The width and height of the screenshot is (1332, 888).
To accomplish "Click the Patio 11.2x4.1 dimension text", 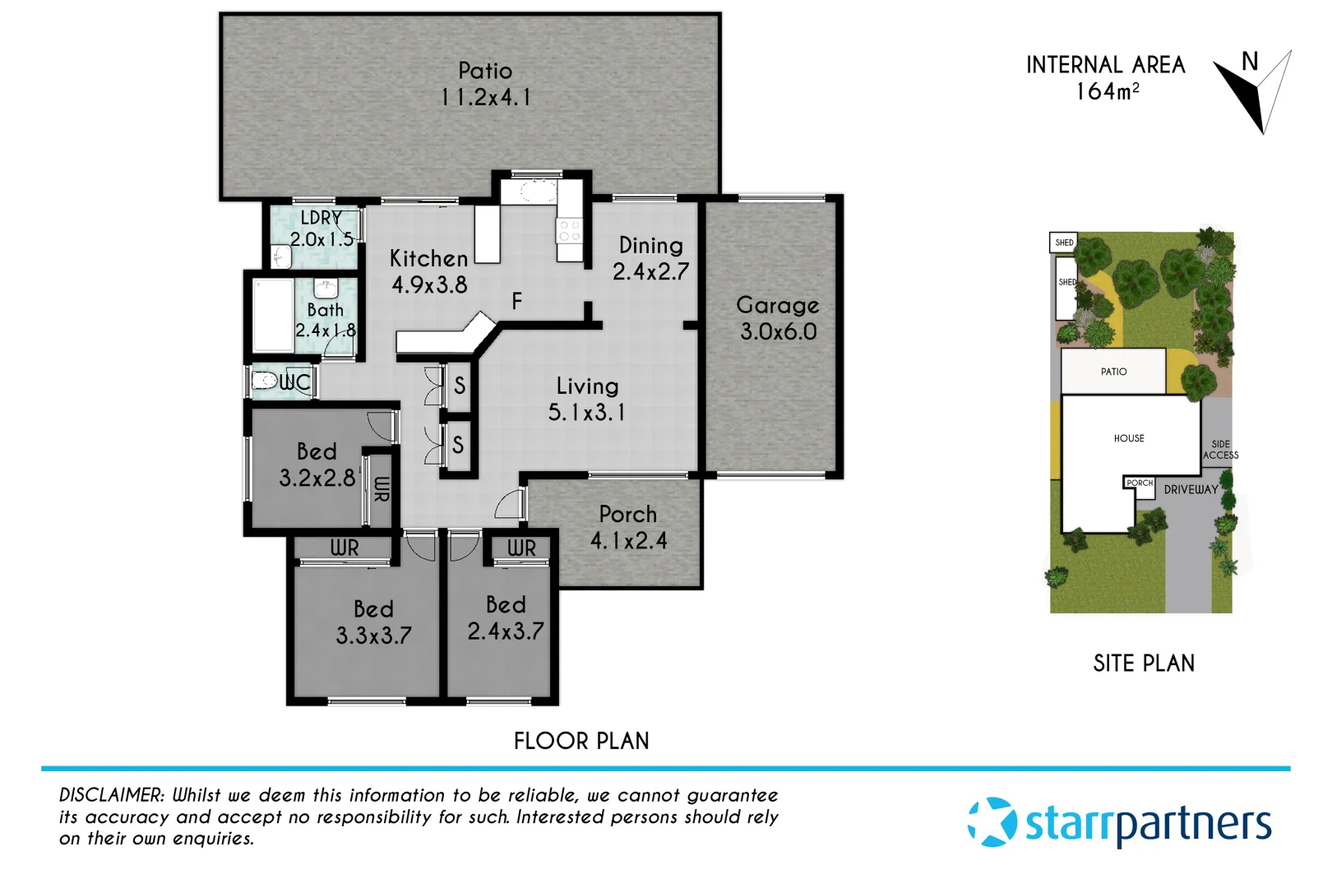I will pyautogui.click(x=485, y=97).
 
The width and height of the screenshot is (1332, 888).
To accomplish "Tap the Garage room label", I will pyautogui.click(x=778, y=305).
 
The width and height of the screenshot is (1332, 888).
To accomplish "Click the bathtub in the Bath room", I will pyautogui.click(x=273, y=317).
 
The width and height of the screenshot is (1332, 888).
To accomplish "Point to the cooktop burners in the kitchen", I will pyautogui.click(x=569, y=231).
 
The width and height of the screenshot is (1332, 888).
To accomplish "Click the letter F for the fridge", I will pyautogui.click(x=516, y=302).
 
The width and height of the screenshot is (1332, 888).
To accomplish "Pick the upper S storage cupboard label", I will pyautogui.click(x=460, y=385).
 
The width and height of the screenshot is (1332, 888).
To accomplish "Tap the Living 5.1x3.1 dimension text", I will pyautogui.click(x=586, y=413).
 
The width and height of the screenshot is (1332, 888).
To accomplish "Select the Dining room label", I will pyautogui.click(x=650, y=245).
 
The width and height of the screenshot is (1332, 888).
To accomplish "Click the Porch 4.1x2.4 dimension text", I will pyautogui.click(x=628, y=541).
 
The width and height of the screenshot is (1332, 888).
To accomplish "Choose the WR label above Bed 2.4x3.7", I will pyautogui.click(x=521, y=548).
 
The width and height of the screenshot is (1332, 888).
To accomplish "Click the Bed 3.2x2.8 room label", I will pyautogui.click(x=317, y=451).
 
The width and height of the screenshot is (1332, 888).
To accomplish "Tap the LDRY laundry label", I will pyautogui.click(x=321, y=218).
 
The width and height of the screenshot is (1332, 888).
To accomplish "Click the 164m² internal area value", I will pyautogui.click(x=1107, y=91).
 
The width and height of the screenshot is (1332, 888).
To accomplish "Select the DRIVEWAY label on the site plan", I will pyautogui.click(x=1191, y=489).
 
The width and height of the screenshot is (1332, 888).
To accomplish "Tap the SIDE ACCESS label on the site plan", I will pyautogui.click(x=1220, y=449).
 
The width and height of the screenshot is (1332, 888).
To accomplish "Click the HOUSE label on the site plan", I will pyautogui.click(x=1129, y=438).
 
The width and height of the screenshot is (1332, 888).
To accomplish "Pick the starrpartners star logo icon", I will pyautogui.click(x=992, y=821).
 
